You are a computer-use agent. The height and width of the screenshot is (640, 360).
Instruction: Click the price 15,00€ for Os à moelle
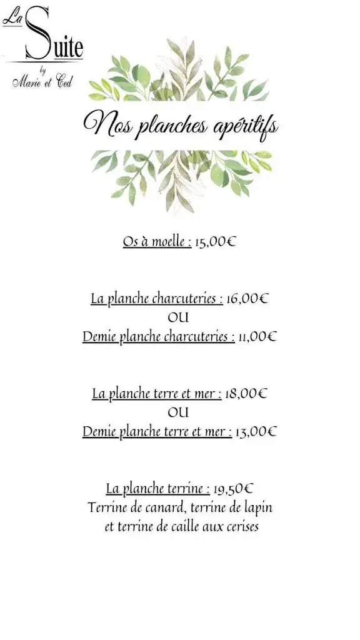[215, 242]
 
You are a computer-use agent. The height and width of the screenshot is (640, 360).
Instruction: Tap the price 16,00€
[247, 299]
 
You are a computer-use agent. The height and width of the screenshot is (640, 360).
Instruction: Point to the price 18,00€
[246, 394]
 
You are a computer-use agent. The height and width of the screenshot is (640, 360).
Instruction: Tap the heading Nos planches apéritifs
[181, 124]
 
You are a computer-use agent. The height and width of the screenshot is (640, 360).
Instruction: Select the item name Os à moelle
[157, 242]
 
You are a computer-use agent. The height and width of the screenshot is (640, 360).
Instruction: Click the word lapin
[258, 507]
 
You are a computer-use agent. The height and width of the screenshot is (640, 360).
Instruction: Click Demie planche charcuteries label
[158, 337]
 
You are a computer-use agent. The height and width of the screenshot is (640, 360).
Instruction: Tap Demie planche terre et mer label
[157, 432]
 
